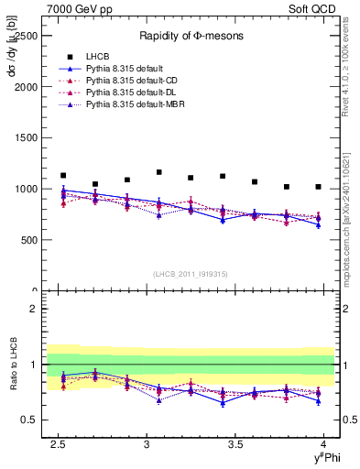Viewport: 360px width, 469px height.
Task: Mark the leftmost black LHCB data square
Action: (63, 176)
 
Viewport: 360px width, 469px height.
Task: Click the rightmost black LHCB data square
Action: (318, 187)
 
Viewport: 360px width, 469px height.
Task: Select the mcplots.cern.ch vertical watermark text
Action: (349, 220)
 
